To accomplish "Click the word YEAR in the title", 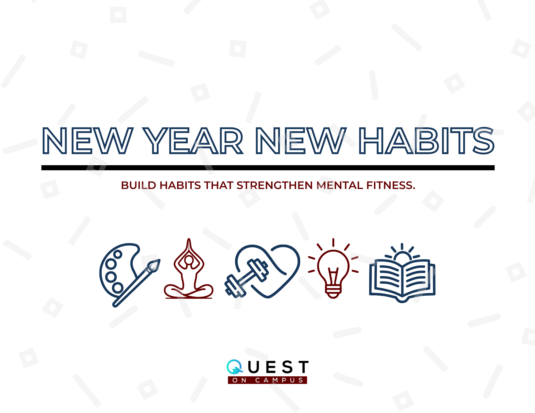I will click(193, 141).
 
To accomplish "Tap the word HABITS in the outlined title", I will click(426, 141).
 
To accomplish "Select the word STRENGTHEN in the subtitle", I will click(274, 185).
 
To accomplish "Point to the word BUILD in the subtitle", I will click(138, 185).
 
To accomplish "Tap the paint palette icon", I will click(118, 270).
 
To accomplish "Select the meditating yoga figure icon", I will click(189, 270).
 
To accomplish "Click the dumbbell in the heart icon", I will click(247, 278).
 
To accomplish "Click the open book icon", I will click(402, 279).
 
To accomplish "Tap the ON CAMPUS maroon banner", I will click(267, 380).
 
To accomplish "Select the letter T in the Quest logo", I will click(304, 367).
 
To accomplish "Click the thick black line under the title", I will click(267, 168).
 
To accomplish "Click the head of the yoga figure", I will click(189, 260).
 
